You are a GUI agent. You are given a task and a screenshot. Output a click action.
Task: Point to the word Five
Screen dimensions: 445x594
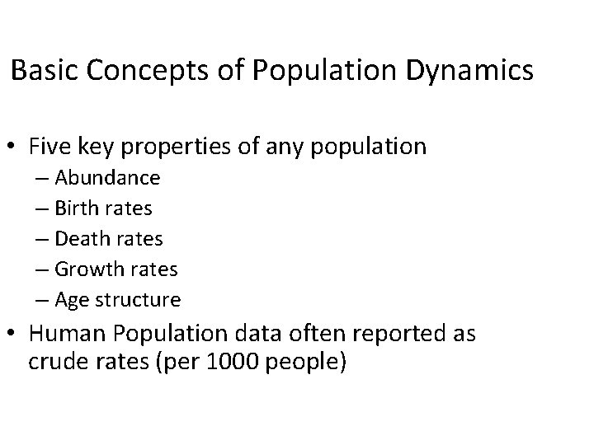pos(49,148)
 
